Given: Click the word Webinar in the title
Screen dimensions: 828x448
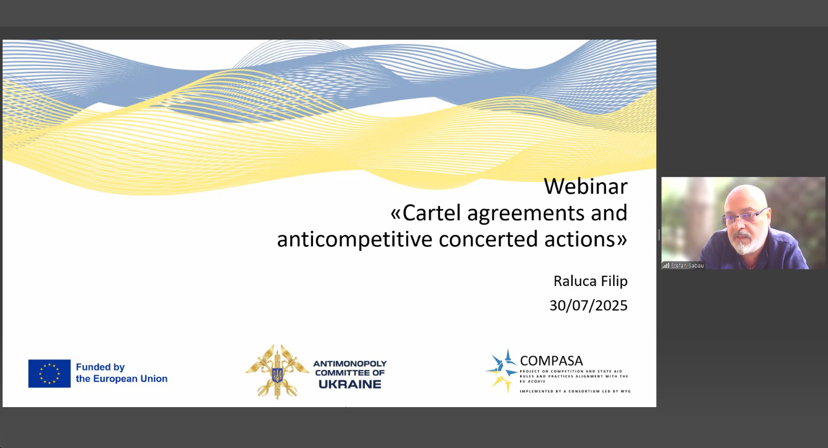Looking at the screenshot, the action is click(x=585, y=186).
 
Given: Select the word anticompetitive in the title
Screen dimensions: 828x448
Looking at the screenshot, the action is click(x=355, y=240).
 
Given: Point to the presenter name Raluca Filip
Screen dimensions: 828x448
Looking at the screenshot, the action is click(x=590, y=281).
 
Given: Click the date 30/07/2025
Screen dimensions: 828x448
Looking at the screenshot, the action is click(x=588, y=306).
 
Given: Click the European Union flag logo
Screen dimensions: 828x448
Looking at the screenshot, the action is click(x=50, y=374).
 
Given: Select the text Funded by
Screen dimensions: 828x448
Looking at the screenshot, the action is click(x=100, y=367).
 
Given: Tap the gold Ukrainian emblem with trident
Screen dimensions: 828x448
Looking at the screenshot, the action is click(x=277, y=372).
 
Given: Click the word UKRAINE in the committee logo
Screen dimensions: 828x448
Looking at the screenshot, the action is click(x=350, y=384).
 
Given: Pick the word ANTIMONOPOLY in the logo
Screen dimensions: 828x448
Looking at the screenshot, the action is click(x=350, y=364).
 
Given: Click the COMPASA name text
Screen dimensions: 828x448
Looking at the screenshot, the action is click(x=551, y=361).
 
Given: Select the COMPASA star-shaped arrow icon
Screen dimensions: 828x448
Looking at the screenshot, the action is click(x=501, y=371).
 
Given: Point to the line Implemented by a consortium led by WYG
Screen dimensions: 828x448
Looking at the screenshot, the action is click(x=575, y=391).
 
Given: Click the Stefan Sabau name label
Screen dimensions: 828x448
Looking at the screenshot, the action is click(x=687, y=265).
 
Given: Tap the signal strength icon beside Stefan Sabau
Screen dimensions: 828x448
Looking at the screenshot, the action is click(x=666, y=265).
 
